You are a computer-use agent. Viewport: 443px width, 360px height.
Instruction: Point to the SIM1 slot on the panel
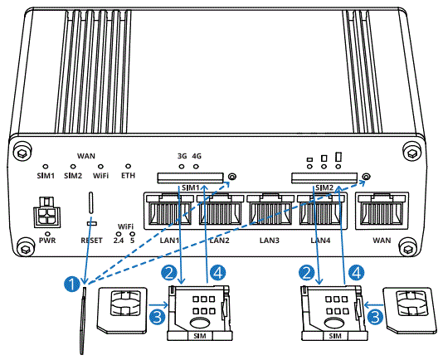(x=190, y=177)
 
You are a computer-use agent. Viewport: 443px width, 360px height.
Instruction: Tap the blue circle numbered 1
(x=71, y=284)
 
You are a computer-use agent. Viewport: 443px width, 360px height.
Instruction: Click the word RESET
(x=91, y=241)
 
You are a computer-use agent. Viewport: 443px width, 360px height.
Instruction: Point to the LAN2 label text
(x=219, y=241)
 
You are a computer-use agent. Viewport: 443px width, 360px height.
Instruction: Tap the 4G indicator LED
(x=197, y=164)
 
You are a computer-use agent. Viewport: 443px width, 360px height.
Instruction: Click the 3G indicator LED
(x=182, y=164)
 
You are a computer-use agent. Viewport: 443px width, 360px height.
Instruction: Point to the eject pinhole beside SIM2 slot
(x=366, y=178)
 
